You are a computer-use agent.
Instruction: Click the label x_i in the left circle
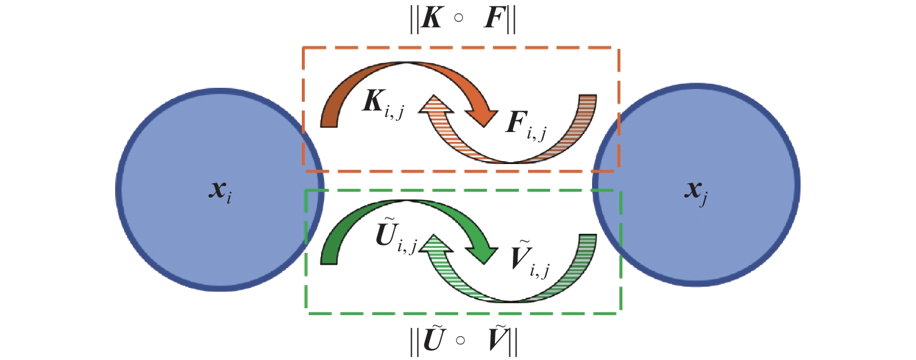point(220,191)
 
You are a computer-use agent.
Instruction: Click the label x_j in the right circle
point(696,192)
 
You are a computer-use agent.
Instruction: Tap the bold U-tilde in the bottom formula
point(433,340)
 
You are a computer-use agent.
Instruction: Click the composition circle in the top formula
point(459,17)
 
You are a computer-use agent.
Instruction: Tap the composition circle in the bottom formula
point(460,340)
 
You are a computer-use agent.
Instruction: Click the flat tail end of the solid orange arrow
point(329,122)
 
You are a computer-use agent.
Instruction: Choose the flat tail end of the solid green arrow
point(329,260)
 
